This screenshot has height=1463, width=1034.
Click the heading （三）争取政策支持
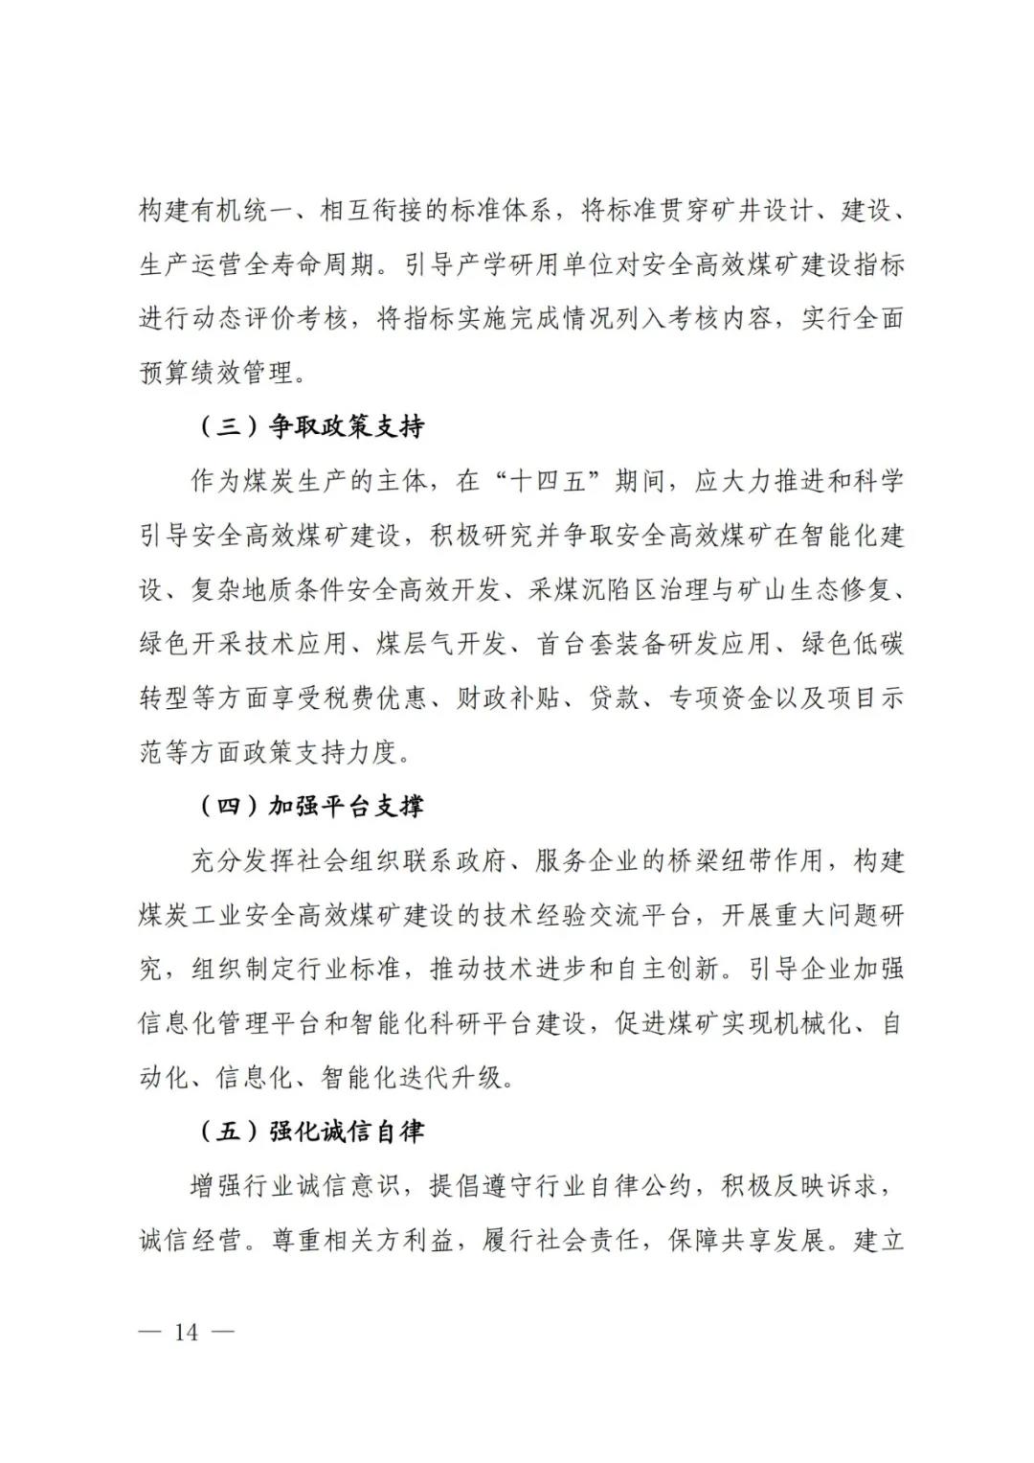click(310, 427)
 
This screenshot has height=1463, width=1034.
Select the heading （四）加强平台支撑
click(310, 807)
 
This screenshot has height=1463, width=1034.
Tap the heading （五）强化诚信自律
click(310, 1132)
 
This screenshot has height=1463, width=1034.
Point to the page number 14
click(186, 1332)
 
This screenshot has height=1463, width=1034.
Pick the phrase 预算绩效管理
click(217, 373)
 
